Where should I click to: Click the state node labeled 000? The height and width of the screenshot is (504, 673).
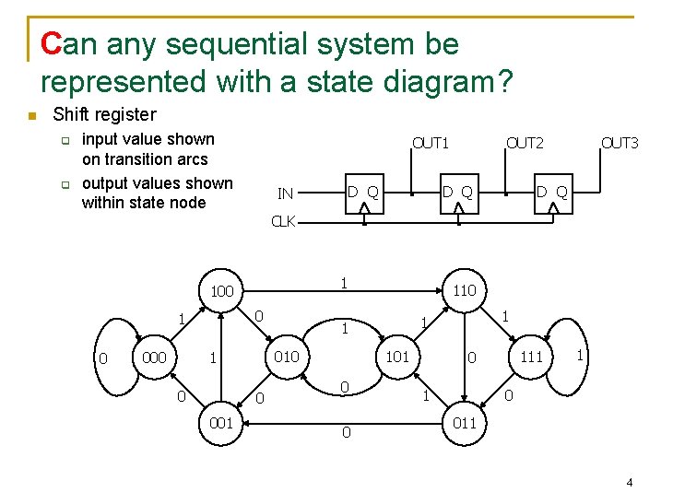155,357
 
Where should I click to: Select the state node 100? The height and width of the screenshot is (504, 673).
222,292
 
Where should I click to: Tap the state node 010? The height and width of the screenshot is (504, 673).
287,357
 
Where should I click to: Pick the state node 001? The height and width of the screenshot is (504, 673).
220,423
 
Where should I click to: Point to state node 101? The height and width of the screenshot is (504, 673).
396,357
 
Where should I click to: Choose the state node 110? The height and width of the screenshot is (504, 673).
464,291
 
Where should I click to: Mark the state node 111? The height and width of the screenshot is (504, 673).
532,357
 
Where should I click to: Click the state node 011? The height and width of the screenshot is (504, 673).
464,423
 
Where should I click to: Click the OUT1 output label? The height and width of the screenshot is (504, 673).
431,143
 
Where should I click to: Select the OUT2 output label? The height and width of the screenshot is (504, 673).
525,143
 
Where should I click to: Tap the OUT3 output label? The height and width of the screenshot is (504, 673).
620,143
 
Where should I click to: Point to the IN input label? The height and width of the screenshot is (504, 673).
286,193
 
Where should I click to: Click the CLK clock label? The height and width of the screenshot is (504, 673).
283,222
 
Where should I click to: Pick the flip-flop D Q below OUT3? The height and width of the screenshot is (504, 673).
552,193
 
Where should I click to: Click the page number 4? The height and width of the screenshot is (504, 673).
629,483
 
